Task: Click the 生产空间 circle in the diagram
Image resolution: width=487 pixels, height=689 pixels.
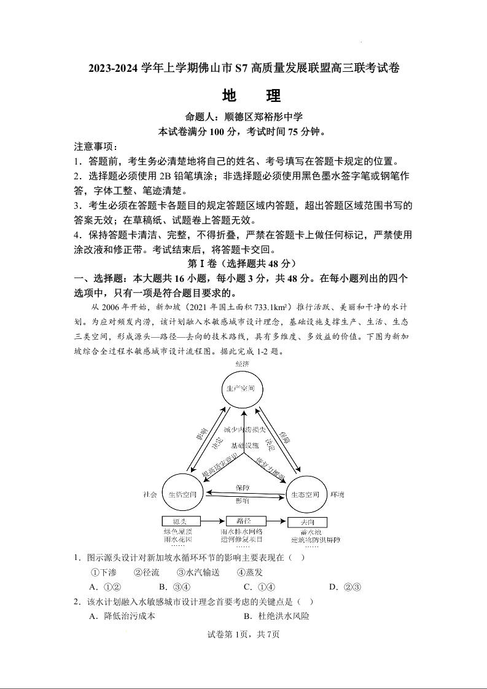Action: pos(244,389)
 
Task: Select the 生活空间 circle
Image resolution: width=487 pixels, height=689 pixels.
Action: pos(182,494)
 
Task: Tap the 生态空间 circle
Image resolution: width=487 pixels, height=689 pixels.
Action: pos(305,494)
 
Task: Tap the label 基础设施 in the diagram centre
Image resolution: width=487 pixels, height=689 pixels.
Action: pos(244,445)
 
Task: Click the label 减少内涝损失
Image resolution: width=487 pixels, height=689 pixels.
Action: pos(244,429)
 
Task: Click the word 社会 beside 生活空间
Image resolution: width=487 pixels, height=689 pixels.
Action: pos(150,494)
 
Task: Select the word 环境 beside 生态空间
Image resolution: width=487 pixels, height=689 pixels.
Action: pos(337,494)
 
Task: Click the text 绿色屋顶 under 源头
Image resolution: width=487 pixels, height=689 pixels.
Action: pos(178,531)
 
